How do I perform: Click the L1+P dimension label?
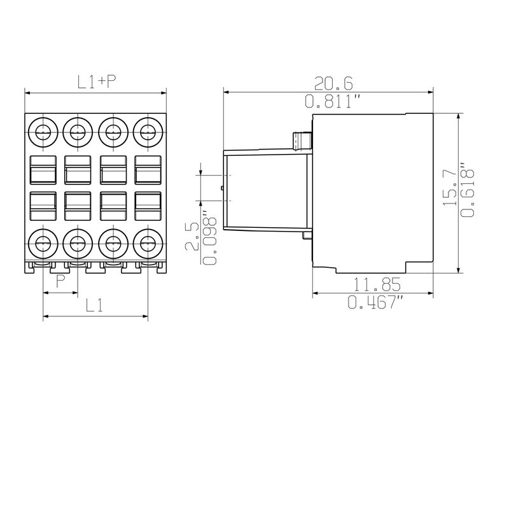pyautogui.click(x=97, y=82)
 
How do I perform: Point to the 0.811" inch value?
pyautogui.click(x=333, y=101)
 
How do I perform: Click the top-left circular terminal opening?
pyautogui.click(x=43, y=132)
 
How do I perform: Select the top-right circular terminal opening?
pyautogui.click(x=148, y=132)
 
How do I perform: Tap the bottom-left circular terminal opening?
pyautogui.click(x=43, y=242)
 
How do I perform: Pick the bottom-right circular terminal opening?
pyautogui.click(x=148, y=242)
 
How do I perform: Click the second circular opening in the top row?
pyautogui.click(x=78, y=132)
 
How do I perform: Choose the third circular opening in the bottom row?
pyautogui.click(x=113, y=242)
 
